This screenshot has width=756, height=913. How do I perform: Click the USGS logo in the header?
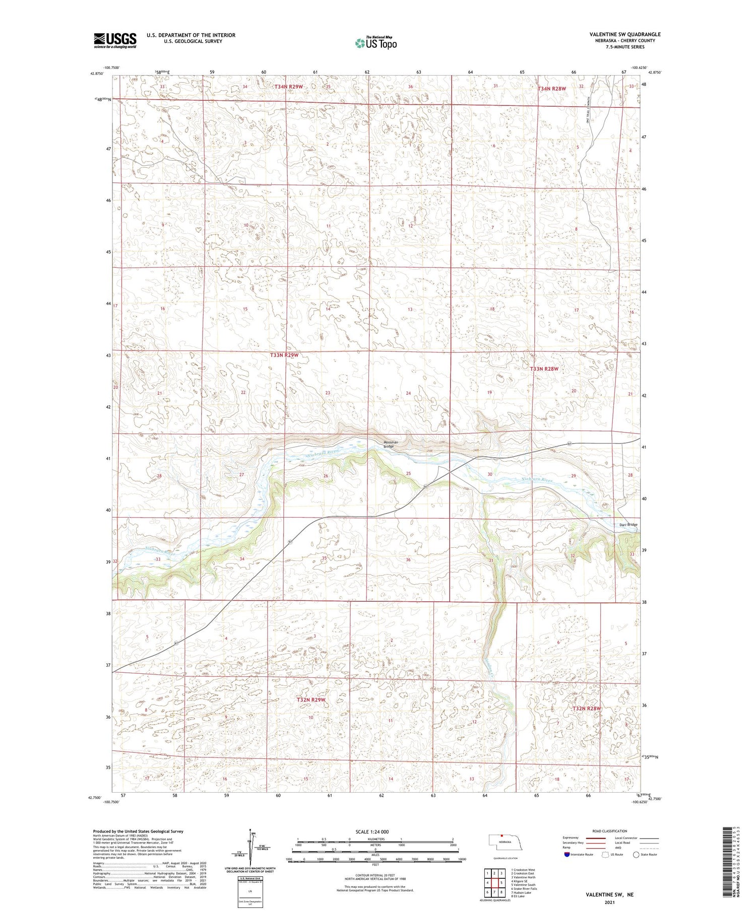[115, 40]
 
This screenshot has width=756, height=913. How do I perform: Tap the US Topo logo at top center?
[375, 43]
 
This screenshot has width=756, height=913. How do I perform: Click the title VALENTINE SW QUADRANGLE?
[624, 34]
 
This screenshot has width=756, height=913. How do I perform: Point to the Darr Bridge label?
[628, 525]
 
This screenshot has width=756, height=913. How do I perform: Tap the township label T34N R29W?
[289, 87]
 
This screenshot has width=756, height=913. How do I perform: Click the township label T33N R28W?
[544, 369]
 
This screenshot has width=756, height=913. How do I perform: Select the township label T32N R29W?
[311, 700]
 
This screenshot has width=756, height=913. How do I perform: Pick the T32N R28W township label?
[587, 709]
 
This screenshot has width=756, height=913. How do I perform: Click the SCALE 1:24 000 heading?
[372, 831]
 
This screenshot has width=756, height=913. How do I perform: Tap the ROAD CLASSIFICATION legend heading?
[609, 831]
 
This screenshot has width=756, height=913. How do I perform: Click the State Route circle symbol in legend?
[636, 854]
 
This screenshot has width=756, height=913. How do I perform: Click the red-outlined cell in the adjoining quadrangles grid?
[501, 882]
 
